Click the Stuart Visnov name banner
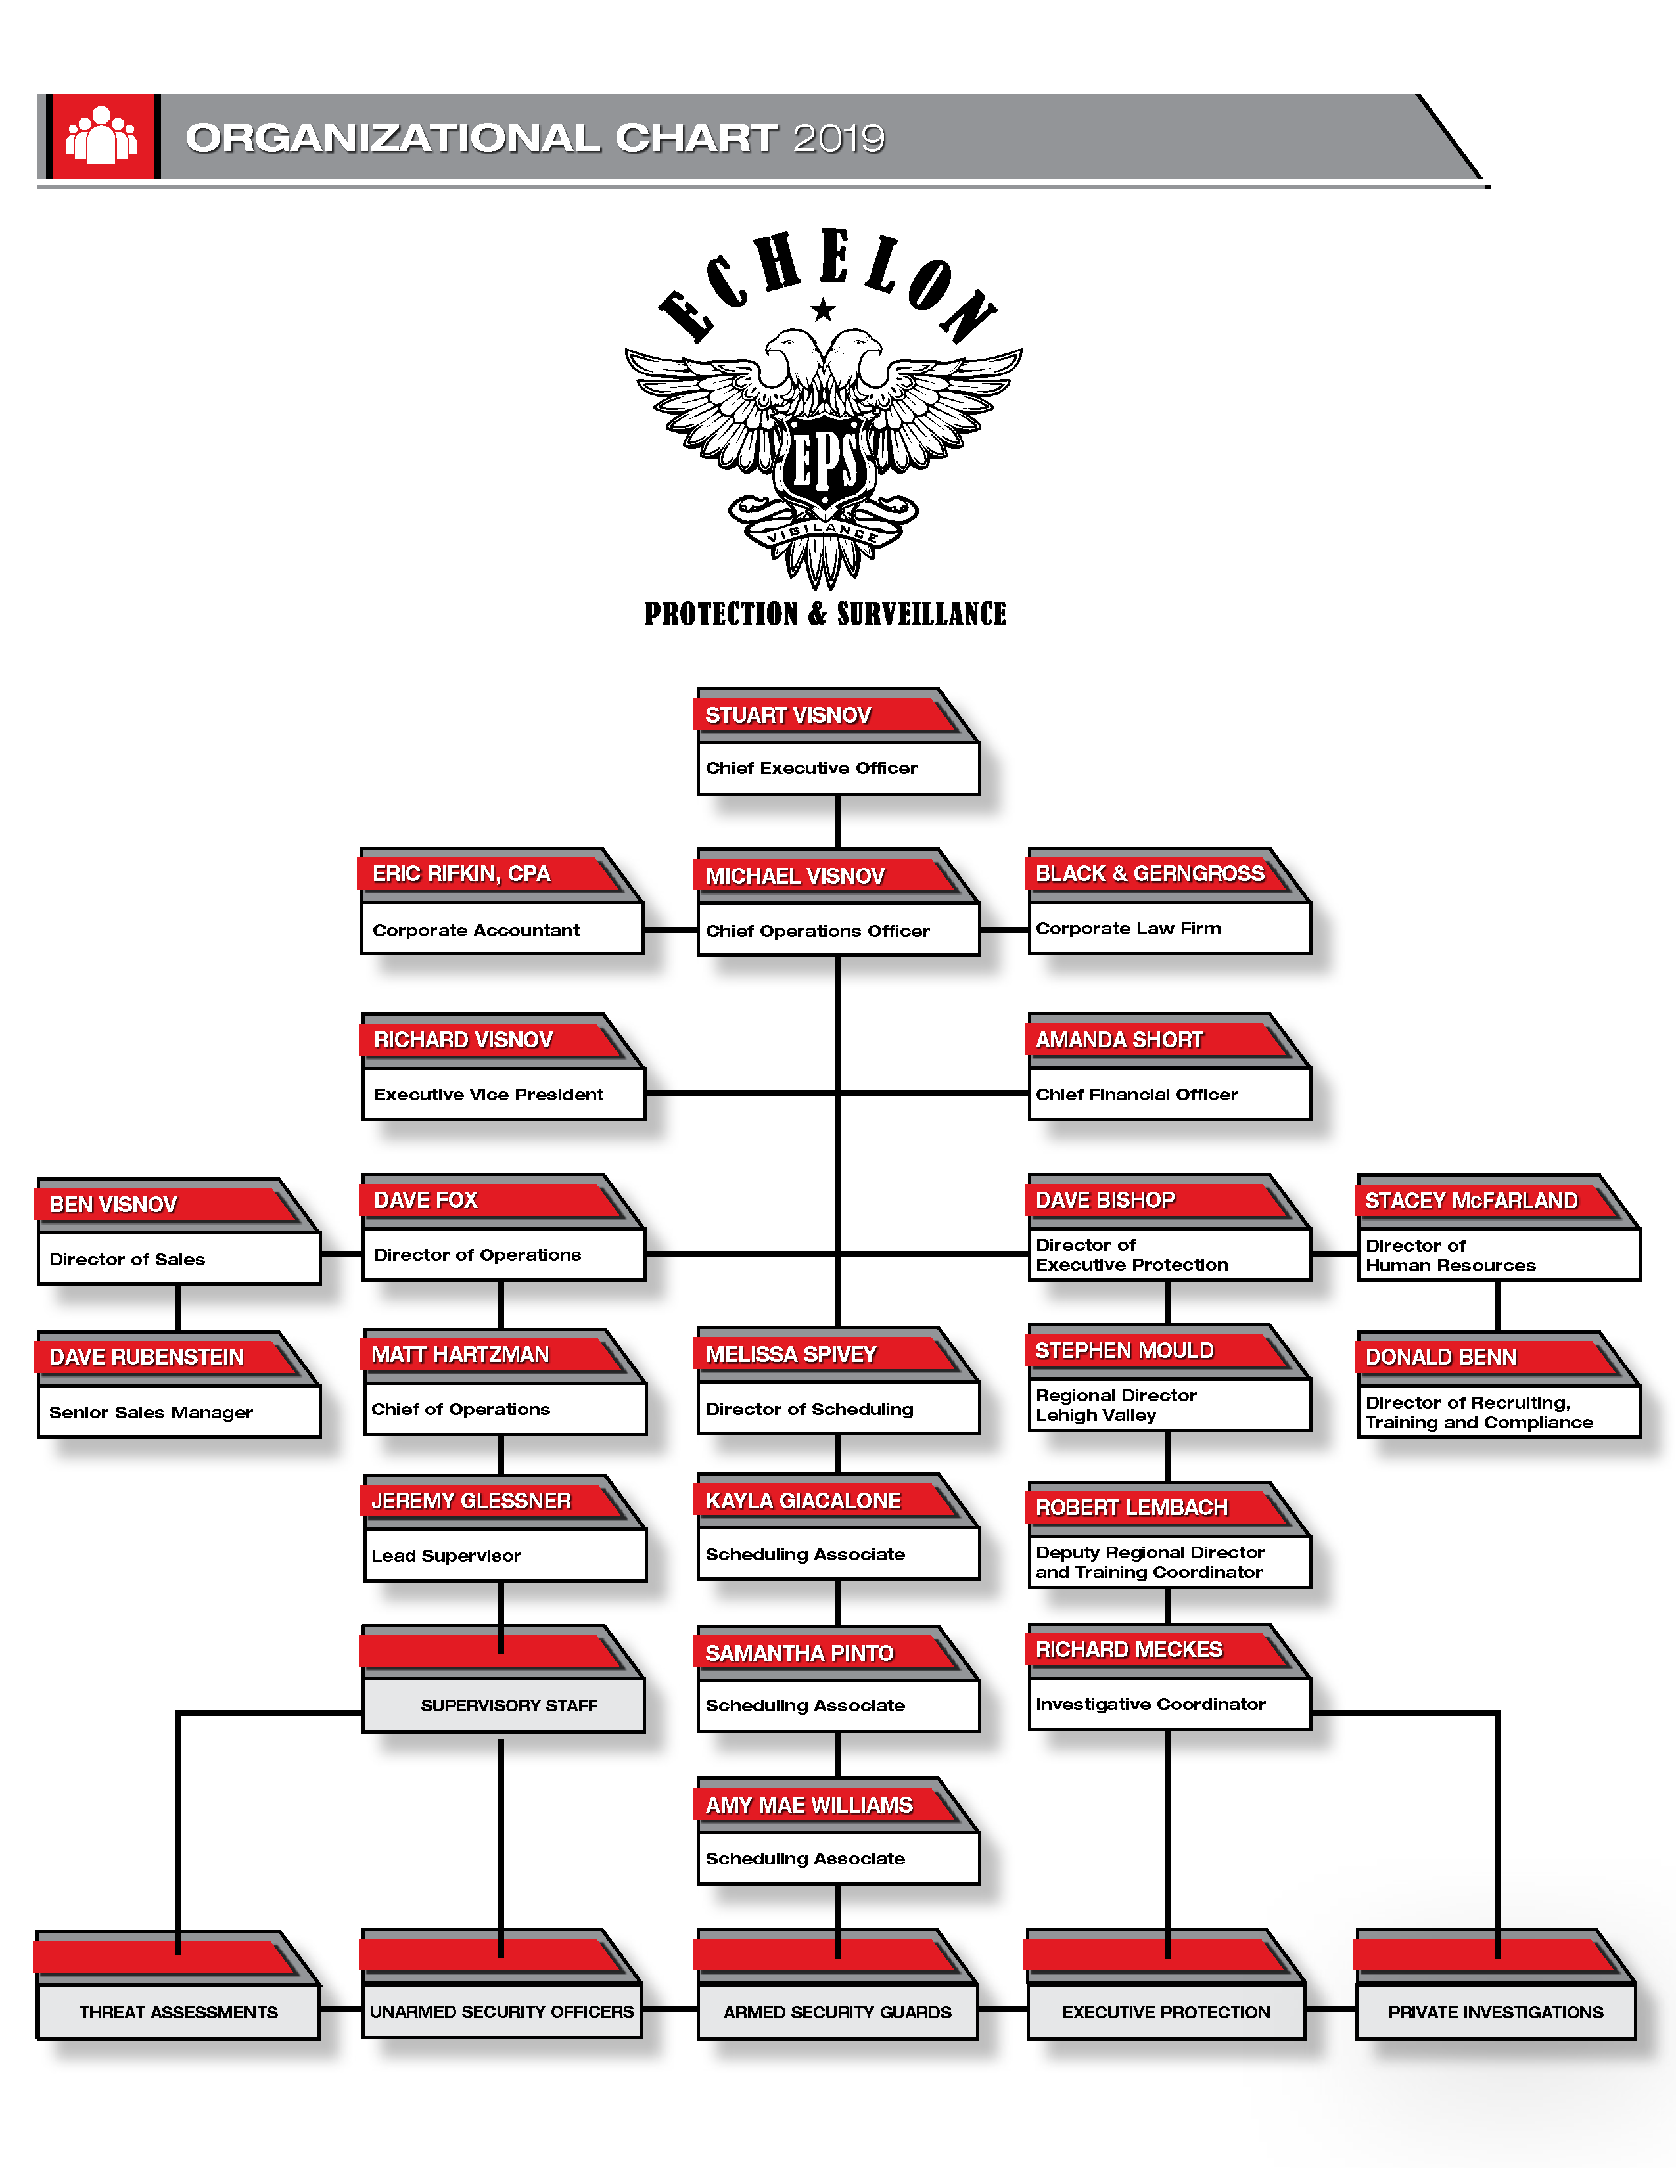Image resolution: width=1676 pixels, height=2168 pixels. click(x=787, y=715)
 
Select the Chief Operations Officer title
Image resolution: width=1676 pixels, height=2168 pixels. click(x=817, y=931)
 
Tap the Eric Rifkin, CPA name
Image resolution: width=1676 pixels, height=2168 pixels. click(x=461, y=874)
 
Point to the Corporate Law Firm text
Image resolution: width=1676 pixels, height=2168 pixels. click(x=1128, y=928)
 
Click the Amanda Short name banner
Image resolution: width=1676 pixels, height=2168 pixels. click(x=1119, y=1039)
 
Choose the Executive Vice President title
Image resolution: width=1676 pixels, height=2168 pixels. click(x=488, y=1094)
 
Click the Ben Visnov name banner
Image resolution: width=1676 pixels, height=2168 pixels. click(x=113, y=1204)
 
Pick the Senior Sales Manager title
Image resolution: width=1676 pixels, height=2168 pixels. click(x=151, y=1412)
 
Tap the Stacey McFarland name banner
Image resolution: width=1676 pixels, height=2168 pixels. click(x=1470, y=1200)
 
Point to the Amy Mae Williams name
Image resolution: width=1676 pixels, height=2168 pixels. click(x=809, y=1805)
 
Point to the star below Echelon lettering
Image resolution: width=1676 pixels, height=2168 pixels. click(x=823, y=311)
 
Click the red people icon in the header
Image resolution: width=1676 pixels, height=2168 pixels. click(x=101, y=136)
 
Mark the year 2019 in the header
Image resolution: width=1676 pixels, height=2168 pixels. click(x=839, y=138)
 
